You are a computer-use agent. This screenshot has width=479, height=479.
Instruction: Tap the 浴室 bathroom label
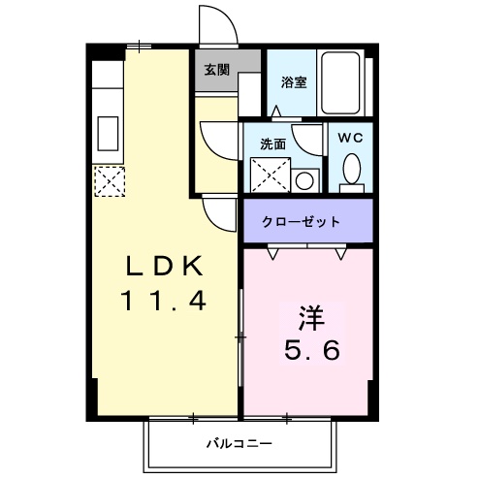(x=293, y=81)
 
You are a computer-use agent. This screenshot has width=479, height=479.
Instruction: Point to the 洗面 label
(x=272, y=144)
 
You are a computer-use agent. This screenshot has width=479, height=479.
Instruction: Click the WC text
(x=349, y=137)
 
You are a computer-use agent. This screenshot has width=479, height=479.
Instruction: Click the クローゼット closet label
(x=301, y=222)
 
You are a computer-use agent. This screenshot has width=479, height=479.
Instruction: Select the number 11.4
(x=163, y=302)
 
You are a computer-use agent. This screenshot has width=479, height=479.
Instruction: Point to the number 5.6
(x=310, y=350)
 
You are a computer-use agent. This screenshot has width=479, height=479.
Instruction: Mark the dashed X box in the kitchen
(x=108, y=179)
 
